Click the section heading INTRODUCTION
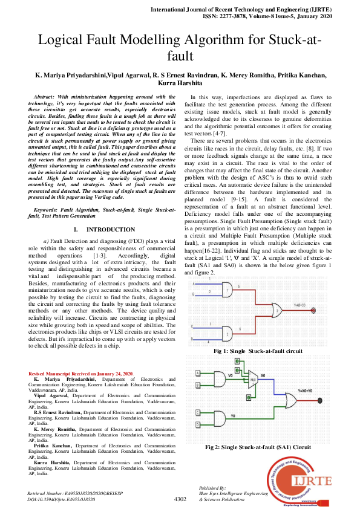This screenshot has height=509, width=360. click(110, 230)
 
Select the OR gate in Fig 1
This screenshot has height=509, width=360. click(276, 313)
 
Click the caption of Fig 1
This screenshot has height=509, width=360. click(258, 351)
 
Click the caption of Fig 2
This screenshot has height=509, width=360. click(258, 447)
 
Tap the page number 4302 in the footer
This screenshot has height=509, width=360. click(180, 499)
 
